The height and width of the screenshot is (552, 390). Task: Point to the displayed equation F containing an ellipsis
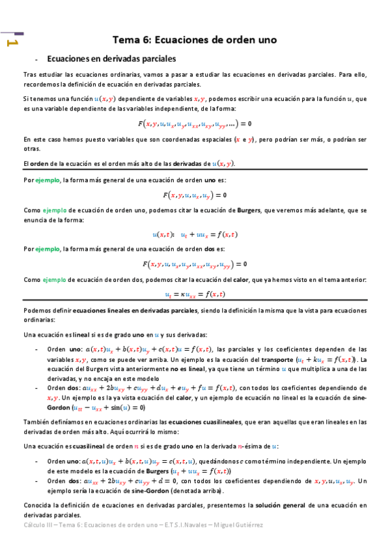click(x=195, y=124)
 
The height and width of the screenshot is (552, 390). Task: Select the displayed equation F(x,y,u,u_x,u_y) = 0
click(x=195, y=195)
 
